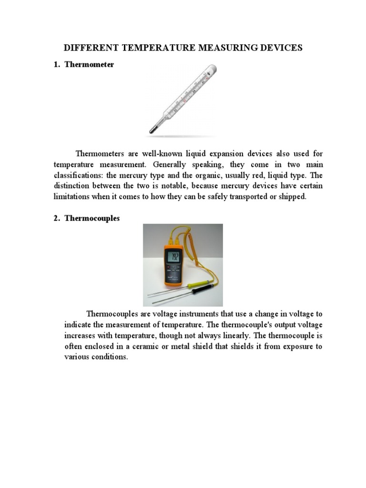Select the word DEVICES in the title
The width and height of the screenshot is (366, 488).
point(280,48)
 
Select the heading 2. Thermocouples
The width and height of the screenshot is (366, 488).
point(87,218)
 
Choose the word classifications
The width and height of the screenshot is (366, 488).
point(82,175)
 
